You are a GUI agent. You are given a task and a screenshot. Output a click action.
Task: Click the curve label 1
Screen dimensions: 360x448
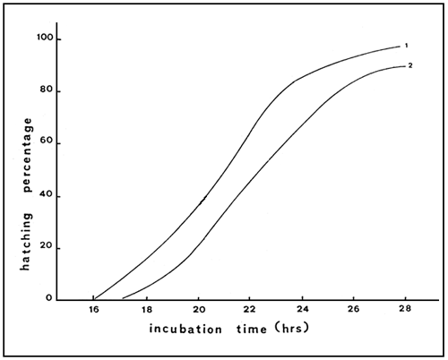click(x=406, y=45)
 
